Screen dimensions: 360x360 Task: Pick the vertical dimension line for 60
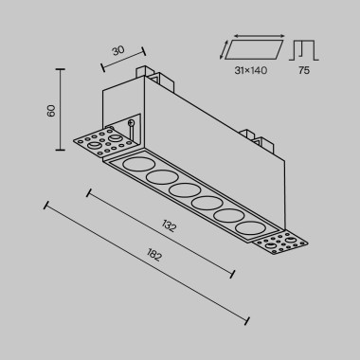coord(61,108)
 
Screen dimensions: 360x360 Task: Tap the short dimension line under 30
coord(123,59)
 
